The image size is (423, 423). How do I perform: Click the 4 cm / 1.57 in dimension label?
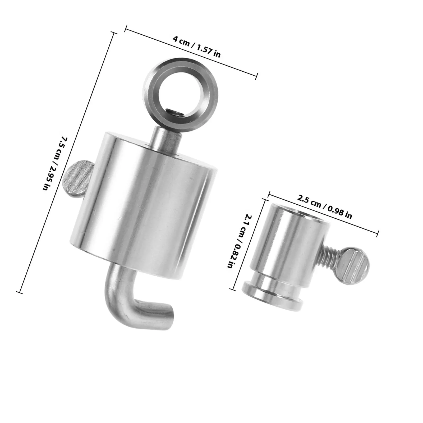tap(196, 47)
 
